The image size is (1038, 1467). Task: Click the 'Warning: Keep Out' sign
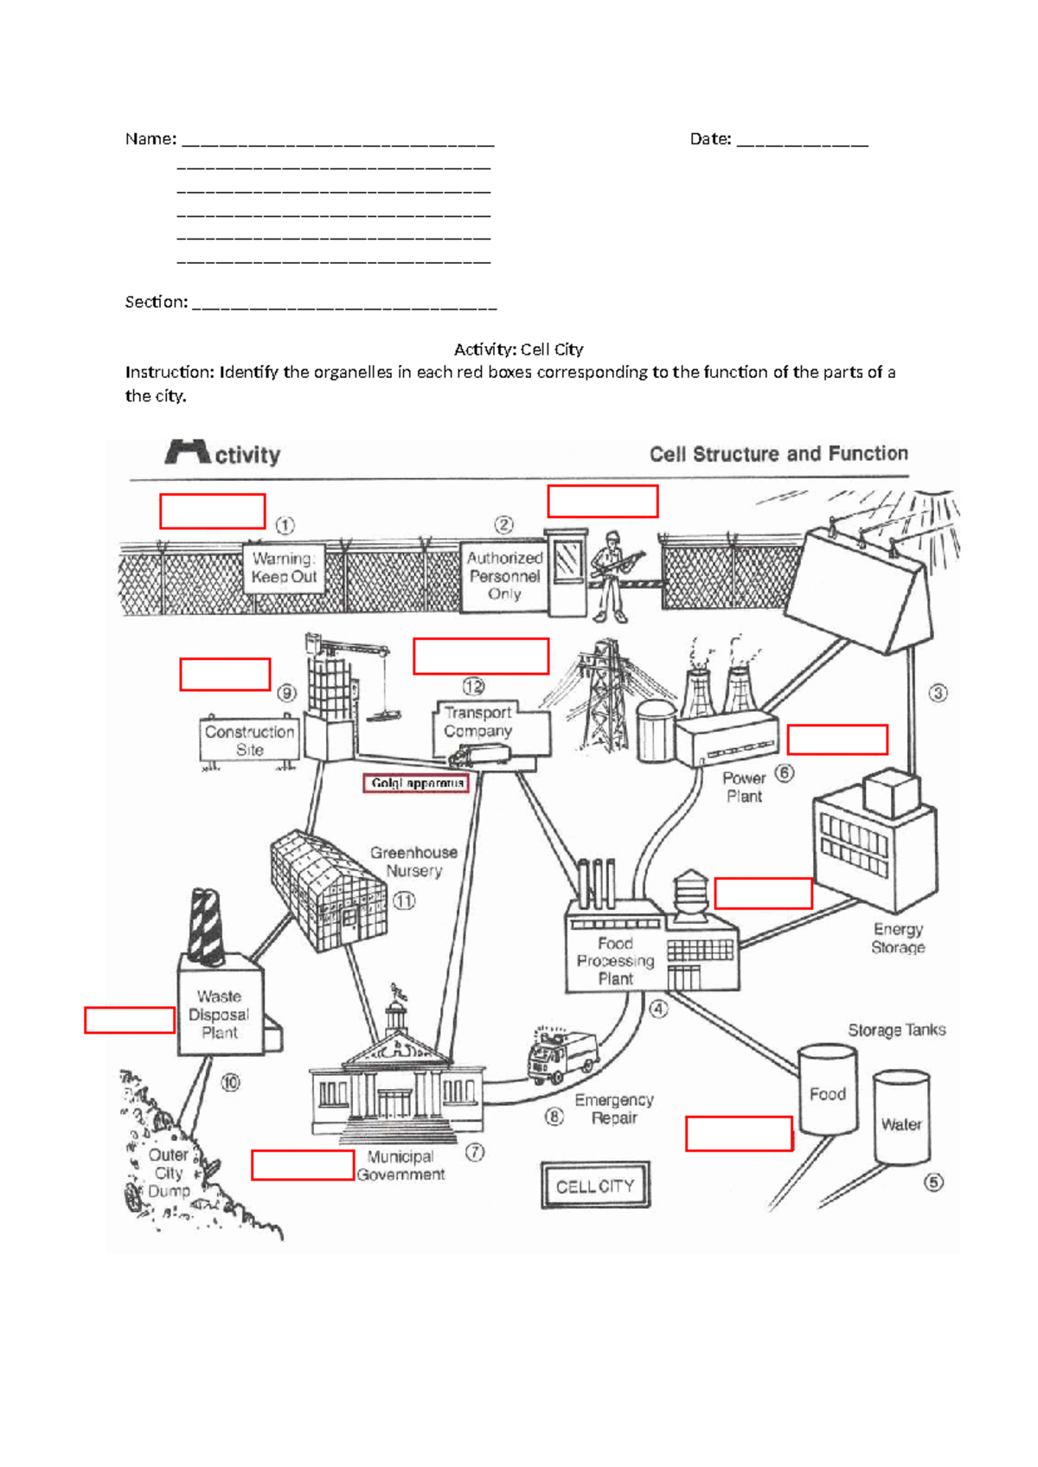[284, 568]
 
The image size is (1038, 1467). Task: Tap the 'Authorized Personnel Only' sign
[504, 576]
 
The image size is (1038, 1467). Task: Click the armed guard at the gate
[611, 576]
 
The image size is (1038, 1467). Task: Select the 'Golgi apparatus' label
[417, 784]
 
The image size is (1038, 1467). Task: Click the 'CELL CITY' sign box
[595, 1186]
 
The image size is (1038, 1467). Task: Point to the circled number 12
[473, 687]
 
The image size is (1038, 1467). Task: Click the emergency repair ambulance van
[562, 1055]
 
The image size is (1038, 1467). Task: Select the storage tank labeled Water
[901, 1119]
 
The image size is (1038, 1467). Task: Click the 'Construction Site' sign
[249, 740]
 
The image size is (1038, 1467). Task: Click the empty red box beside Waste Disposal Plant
[130, 1020]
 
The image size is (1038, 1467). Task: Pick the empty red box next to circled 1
[212, 511]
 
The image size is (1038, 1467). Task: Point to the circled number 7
[475, 1152]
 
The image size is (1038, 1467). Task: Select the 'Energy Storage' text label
[898, 938]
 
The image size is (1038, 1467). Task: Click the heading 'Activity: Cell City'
[518, 349]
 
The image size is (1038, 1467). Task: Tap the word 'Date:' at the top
[710, 139]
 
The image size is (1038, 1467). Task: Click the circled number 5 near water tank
[934, 1182]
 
